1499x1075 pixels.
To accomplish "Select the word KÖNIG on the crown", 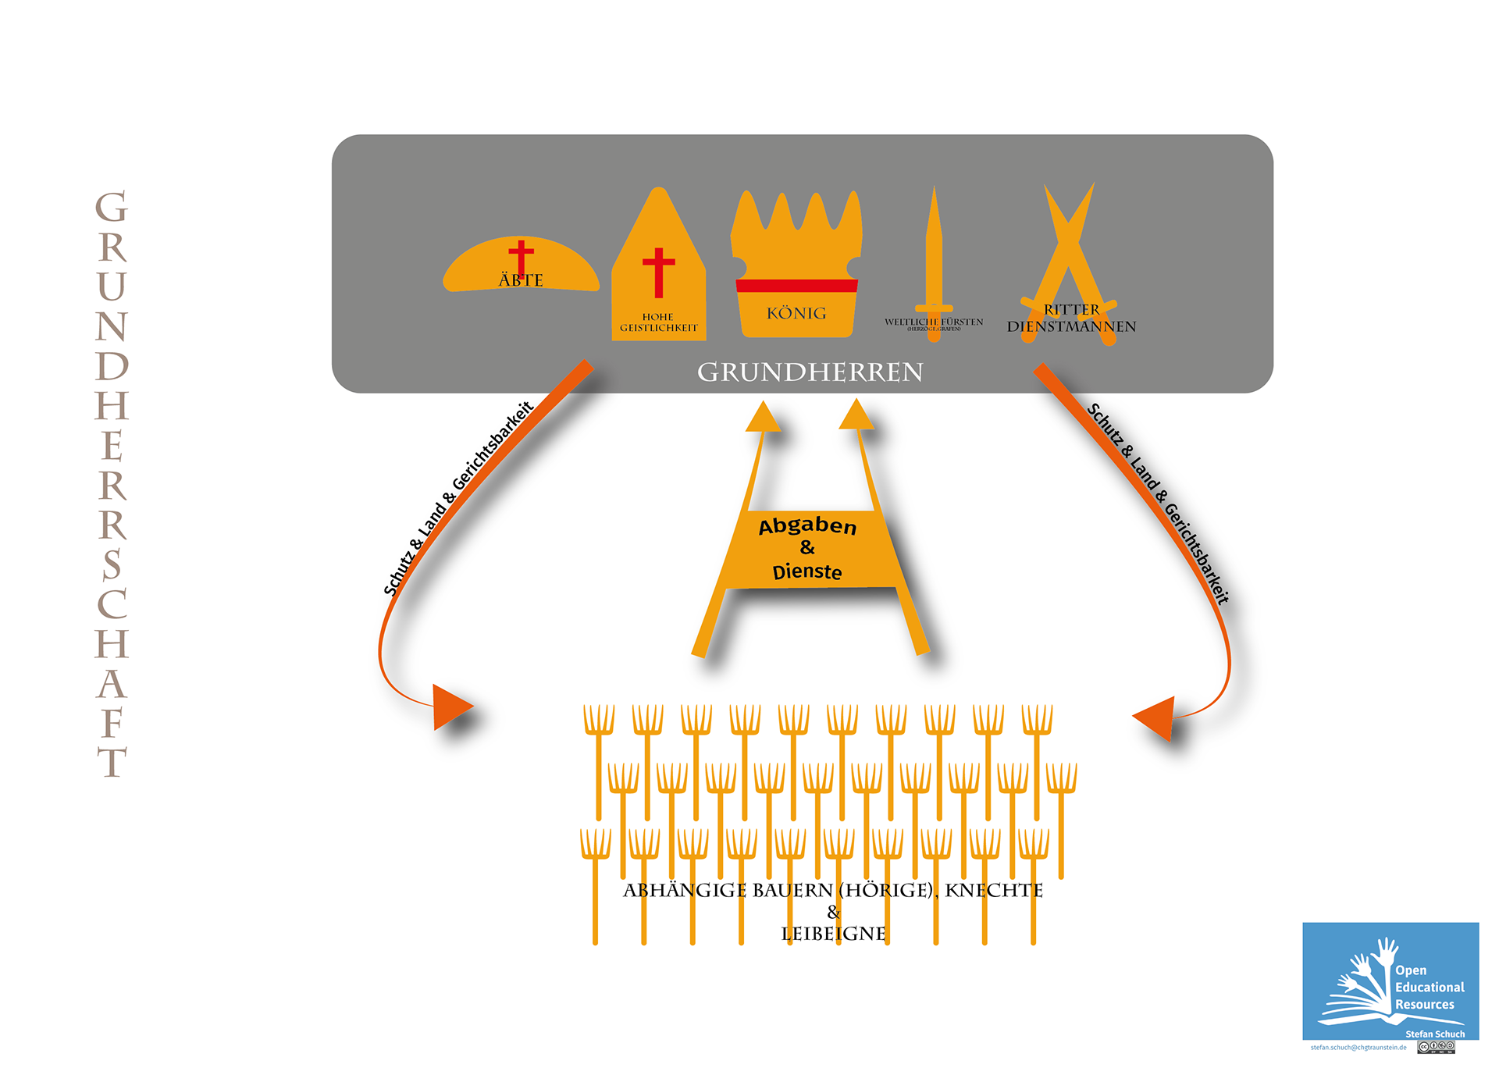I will pyautogui.click(x=796, y=314).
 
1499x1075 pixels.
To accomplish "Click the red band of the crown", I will pyautogui.click(x=796, y=286).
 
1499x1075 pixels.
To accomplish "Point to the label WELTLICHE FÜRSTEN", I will pyautogui.click(x=934, y=322).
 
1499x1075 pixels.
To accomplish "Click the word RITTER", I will pyautogui.click(x=1071, y=310).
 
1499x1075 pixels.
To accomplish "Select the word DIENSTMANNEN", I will pyautogui.click(x=1071, y=327).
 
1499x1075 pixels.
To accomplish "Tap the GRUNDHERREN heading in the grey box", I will pyautogui.click(x=810, y=372).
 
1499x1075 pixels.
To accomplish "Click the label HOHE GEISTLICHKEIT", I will pyautogui.click(x=658, y=322).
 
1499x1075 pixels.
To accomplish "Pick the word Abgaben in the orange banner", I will pyautogui.click(x=807, y=526).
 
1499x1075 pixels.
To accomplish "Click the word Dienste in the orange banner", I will pyautogui.click(x=807, y=572).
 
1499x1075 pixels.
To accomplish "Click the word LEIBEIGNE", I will pyautogui.click(x=833, y=934).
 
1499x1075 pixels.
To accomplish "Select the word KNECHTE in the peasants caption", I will pyautogui.click(x=993, y=891).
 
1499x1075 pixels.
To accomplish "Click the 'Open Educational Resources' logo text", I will pyautogui.click(x=1428, y=988).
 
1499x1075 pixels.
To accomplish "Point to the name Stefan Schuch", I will pyautogui.click(x=1435, y=1034).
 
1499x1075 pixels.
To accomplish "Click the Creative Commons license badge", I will pyautogui.click(x=1436, y=1048).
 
